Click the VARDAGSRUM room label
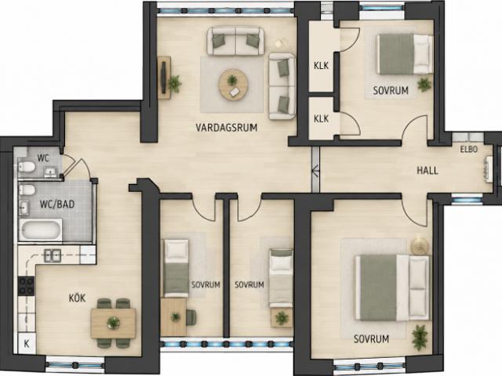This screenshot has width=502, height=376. click(x=227, y=128)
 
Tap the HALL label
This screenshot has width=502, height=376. click(x=427, y=171)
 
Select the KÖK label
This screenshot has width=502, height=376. click(x=77, y=298)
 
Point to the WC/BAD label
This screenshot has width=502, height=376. click(x=57, y=204)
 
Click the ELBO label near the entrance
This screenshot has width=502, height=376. click(x=469, y=150)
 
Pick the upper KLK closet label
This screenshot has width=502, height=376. click(x=321, y=66)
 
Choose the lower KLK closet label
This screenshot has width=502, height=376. click(x=321, y=118)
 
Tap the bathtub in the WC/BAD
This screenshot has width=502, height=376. click(x=40, y=230)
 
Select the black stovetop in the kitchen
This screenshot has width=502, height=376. click(x=26, y=286)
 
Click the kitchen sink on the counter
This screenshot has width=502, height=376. click(x=53, y=256)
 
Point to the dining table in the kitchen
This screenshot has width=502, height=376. click(x=113, y=323)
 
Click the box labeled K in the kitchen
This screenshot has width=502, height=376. click(x=27, y=343)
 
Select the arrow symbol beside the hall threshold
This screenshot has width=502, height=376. click(x=315, y=171)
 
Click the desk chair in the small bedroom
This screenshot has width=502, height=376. click(x=191, y=317)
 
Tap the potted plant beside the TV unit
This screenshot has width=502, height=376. click(x=174, y=83)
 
